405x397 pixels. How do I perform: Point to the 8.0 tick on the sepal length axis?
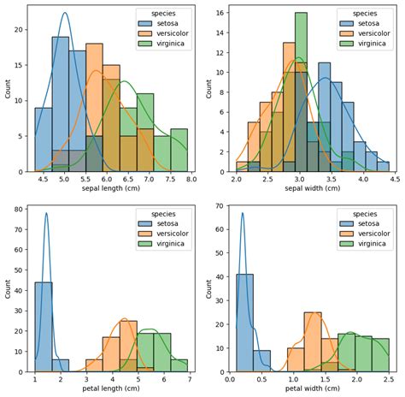coord(191,180)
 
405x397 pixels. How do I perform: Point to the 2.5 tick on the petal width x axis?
coord(389,378)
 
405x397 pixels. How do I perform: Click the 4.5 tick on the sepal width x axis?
coord(393,180)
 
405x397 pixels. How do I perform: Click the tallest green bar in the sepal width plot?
coord(301,86)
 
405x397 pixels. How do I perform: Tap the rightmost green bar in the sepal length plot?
coord(179,150)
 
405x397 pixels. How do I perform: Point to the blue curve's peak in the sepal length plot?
coord(65,13)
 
